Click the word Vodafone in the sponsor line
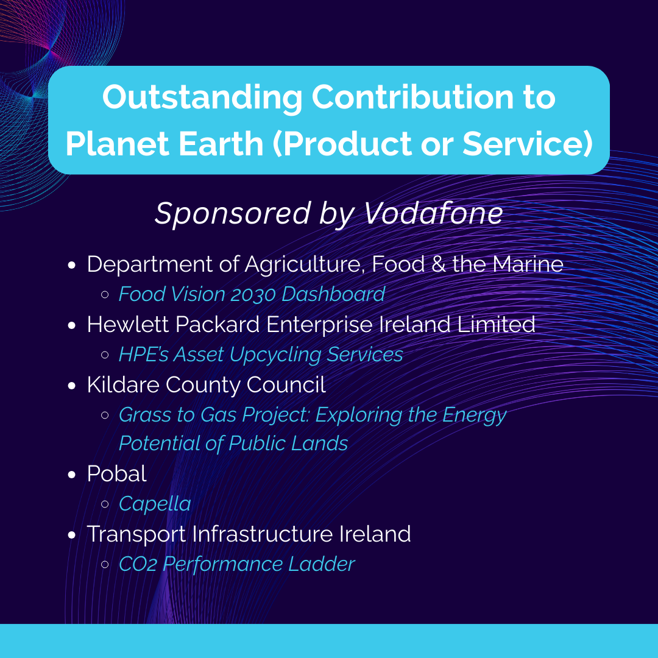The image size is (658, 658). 433,213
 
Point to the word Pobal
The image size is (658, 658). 116,474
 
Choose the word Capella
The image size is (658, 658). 155,504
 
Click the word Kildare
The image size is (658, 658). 123,384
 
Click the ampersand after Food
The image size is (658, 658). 438,264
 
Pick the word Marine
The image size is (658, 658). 528,264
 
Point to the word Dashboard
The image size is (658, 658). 333,294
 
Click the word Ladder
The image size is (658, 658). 322,564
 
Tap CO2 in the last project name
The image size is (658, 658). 138,564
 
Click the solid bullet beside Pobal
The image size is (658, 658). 72,475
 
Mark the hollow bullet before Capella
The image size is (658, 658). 105,504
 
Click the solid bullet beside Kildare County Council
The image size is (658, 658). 72,386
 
